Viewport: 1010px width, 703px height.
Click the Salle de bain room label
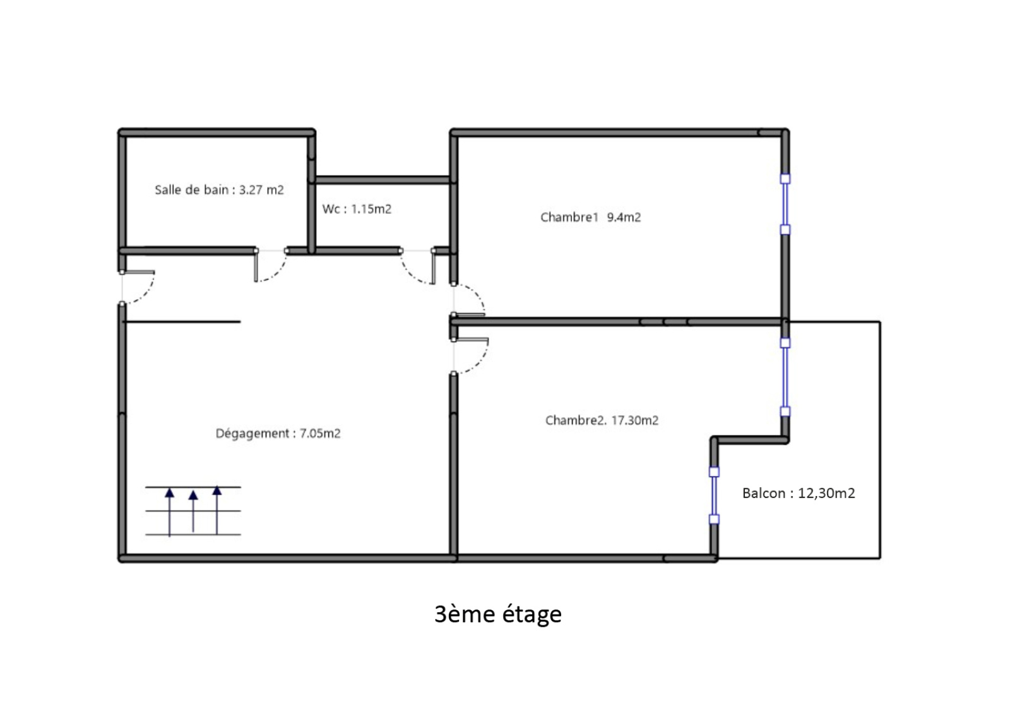click(x=219, y=190)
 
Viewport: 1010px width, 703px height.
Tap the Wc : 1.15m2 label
click(x=357, y=209)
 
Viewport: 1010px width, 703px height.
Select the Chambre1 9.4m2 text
click(x=591, y=217)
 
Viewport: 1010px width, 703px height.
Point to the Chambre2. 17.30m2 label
click(x=602, y=420)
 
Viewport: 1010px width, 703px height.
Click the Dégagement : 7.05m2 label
click(x=278, y=433)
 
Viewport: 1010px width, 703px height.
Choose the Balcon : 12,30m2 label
click(x=799, y=493)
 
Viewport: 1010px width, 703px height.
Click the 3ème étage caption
click(x=498, y=614)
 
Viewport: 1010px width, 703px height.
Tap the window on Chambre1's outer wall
click(x=785, y=204)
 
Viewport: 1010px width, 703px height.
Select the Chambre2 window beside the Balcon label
click(x=714, y=496)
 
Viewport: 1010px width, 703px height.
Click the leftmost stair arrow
click(x=170, y=512)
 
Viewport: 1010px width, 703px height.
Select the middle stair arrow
click(x=193, y=511)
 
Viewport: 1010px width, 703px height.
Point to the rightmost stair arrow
click(x=217, y=510)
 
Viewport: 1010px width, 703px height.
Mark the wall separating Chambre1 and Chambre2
click(x=618, y=322)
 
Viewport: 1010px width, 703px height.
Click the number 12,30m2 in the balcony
click(x=826, y=493)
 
